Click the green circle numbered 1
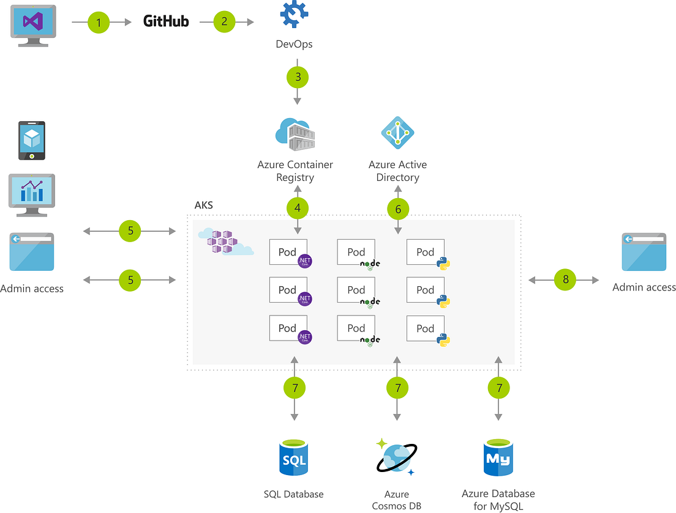tap(99, 23)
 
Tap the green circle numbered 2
tap(225, 22)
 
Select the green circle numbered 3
tap(298, 77)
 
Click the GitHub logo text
tap(166, 21)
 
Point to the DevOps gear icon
tap(293, 15)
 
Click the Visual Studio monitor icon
tap(31, 23)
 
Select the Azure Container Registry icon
tap(295, 134)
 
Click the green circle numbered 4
tap(298, 208)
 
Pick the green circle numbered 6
tap(398, 210)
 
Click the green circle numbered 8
tap(565, 280)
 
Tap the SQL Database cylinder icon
tap(295, 457)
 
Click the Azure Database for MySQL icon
tap(497, 457)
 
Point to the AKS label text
tap(203, 205)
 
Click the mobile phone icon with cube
tap(31, 141)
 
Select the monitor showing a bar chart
tap(31, 194)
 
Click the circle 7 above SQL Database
tap(295, 388)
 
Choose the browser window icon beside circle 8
tap(644, 252)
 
